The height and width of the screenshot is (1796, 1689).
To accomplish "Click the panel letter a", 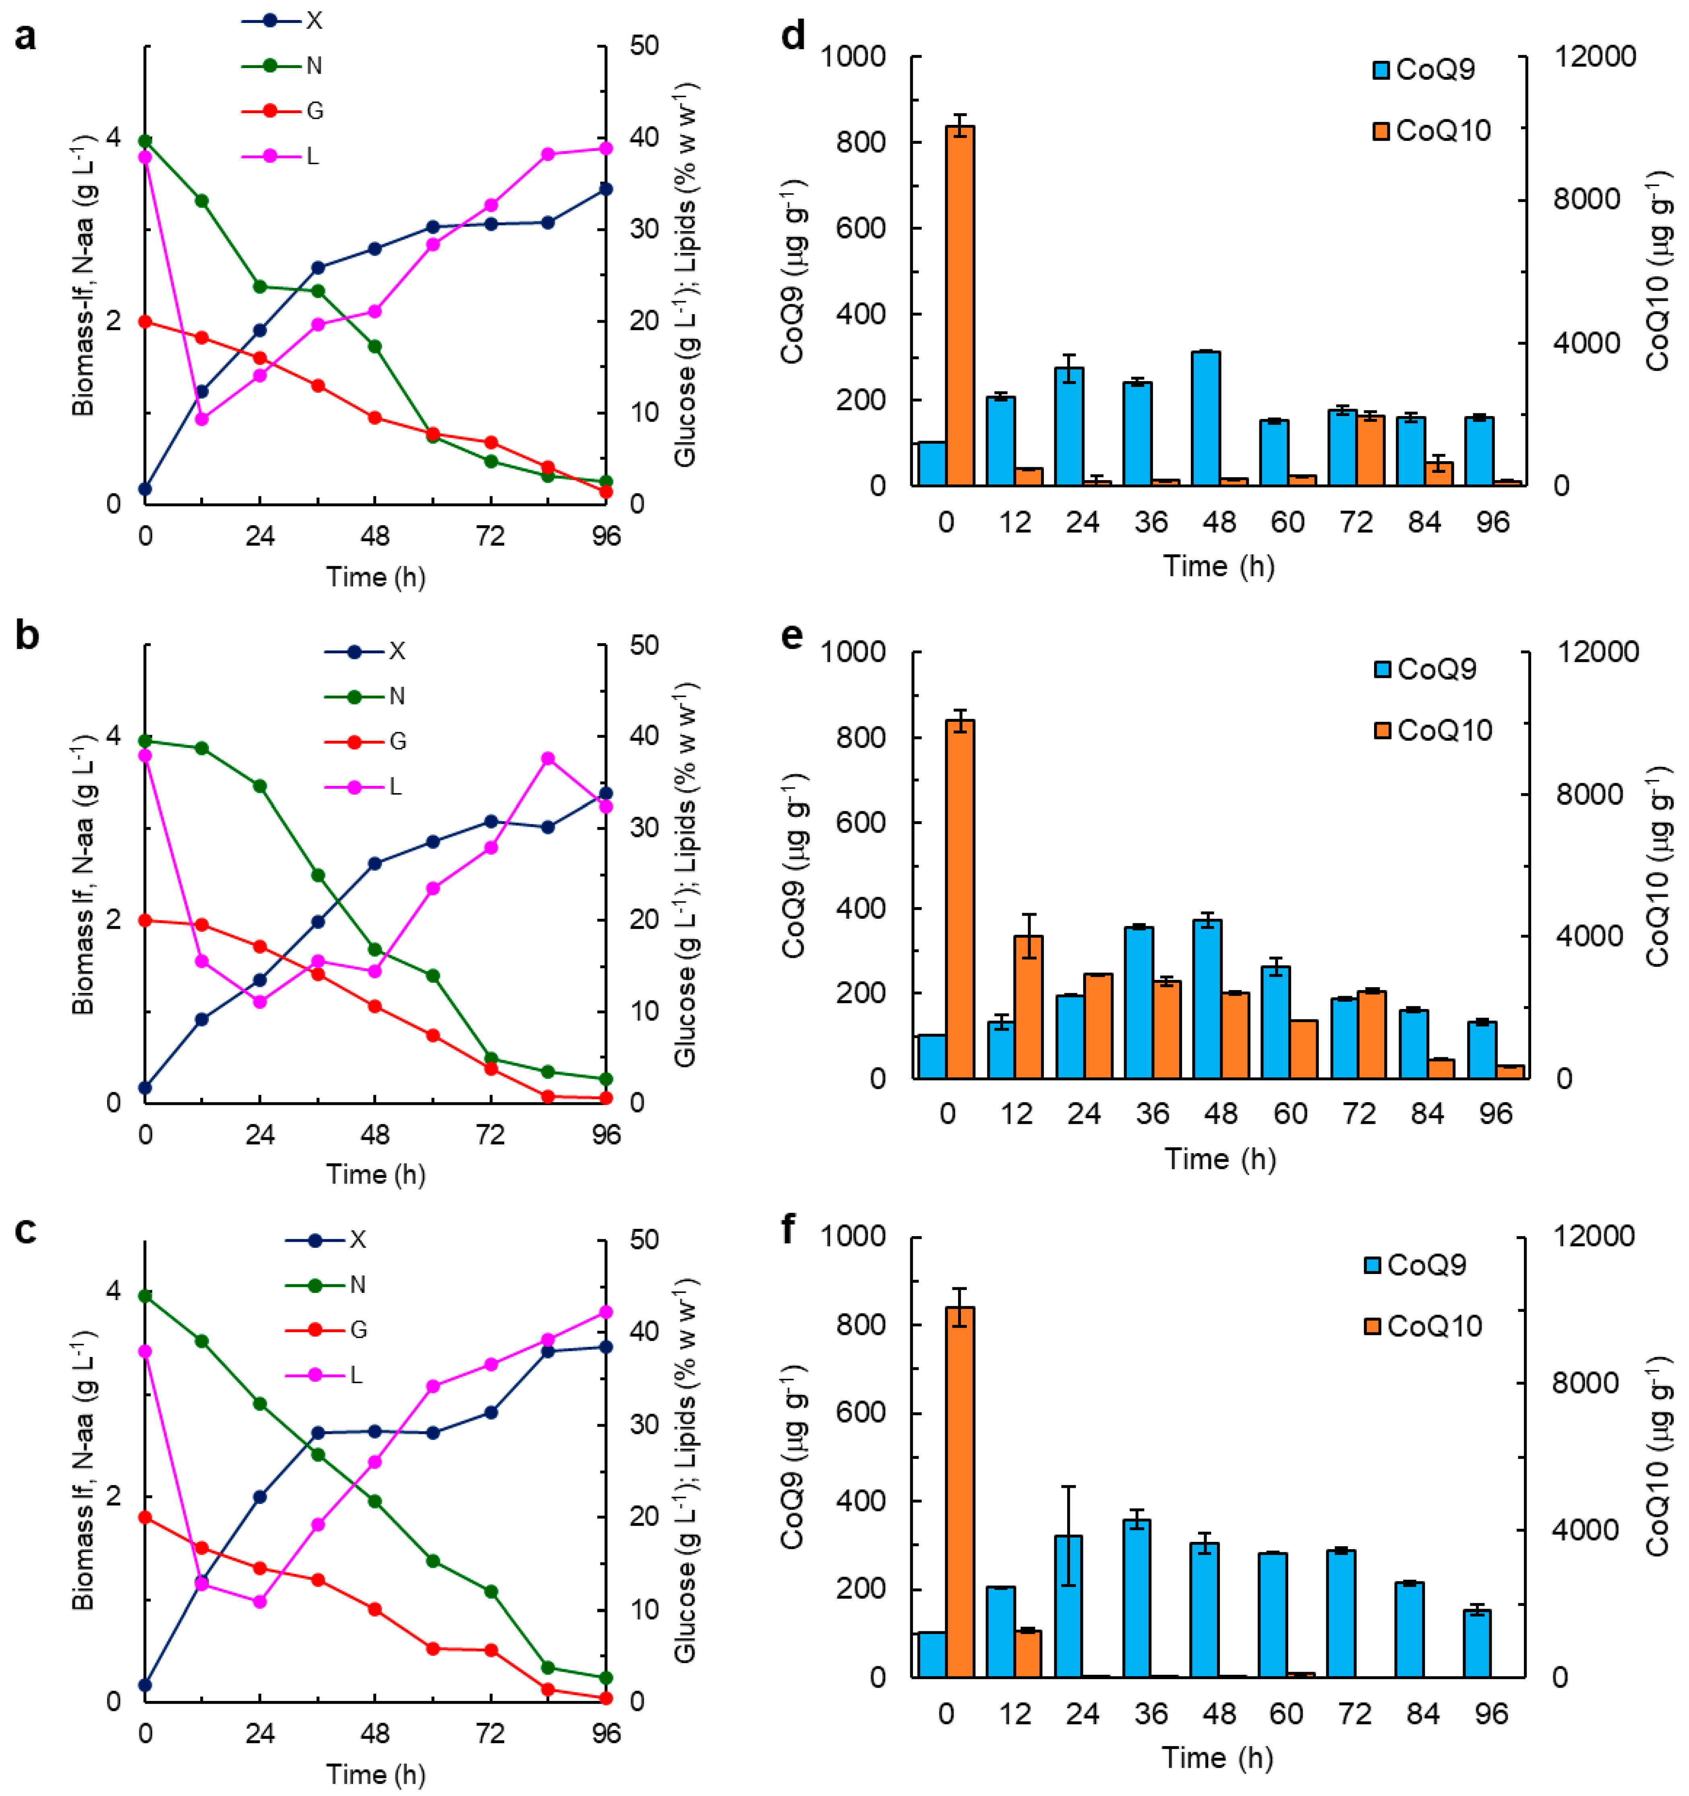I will [x=25, y=38].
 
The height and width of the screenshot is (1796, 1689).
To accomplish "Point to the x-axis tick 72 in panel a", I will [x=491, y=537].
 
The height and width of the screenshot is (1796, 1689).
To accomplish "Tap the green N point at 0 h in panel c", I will [x=145, y=1295].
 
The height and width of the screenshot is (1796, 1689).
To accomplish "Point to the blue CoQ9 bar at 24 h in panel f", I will [x=1068, y=1605].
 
